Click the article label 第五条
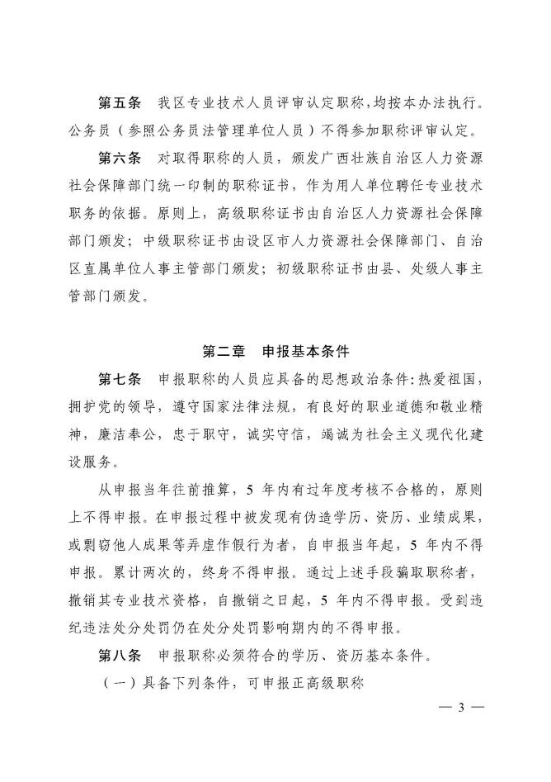(120, 103)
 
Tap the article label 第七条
(120, 381)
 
